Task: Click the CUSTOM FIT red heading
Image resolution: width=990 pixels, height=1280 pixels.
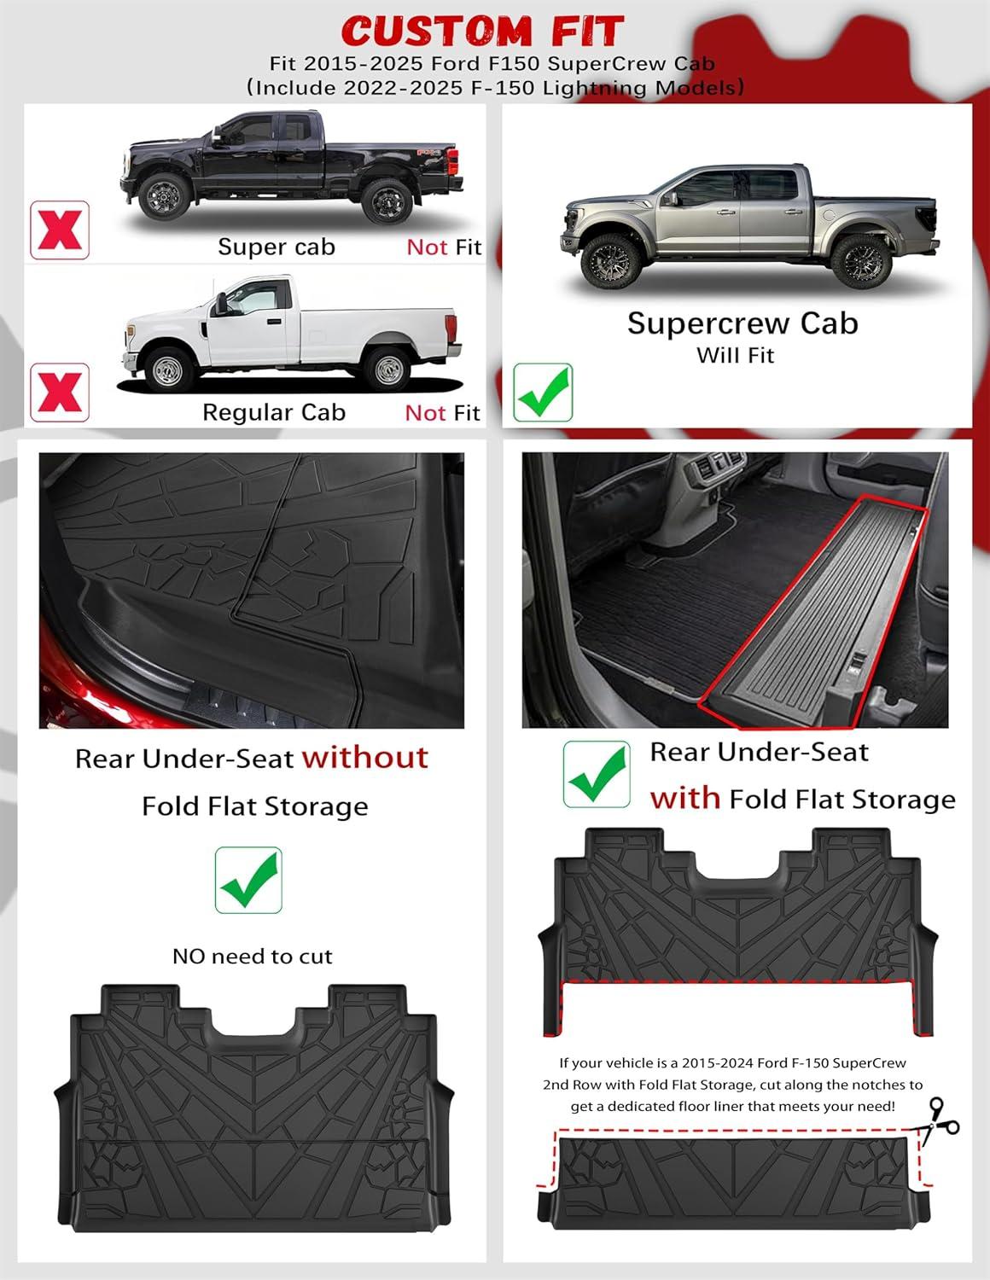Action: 482,31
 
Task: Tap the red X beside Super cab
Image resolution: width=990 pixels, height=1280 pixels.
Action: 60,230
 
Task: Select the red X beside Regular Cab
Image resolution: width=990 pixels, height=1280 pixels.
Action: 60,393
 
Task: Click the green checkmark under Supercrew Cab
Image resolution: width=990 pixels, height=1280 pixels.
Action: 543,393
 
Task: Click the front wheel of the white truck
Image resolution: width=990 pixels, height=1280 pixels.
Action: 168,369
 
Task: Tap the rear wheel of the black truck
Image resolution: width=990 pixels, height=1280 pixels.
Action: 387,201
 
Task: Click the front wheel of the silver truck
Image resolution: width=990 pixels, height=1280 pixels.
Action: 610,261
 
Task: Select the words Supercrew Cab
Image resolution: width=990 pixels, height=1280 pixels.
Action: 742,323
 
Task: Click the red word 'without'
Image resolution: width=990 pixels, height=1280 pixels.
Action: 365,758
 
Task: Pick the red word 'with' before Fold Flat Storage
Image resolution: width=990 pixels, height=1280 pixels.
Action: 685,798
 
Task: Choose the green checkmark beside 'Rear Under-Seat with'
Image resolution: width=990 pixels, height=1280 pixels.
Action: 597,774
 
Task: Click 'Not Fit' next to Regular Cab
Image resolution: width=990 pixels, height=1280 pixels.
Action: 443,413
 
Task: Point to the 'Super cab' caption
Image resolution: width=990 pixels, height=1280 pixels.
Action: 277,247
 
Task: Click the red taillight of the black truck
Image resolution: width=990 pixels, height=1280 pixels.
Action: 452,161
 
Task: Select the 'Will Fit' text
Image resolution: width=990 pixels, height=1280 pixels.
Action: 735,355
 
